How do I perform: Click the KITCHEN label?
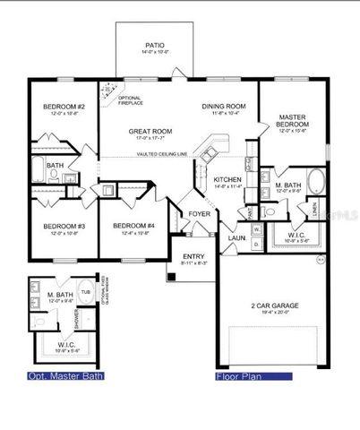click(x=227, y=179)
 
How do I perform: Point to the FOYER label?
click(x=198, y=214)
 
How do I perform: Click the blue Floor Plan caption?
click(x=239, y=376)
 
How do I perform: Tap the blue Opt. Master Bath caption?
click(x=65, y=376)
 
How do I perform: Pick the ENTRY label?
click(x=193, y=256)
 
